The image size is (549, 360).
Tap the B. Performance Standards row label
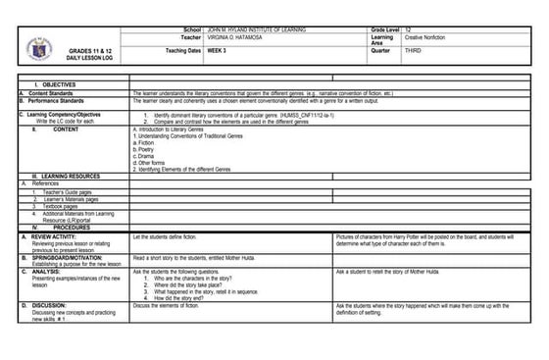pyautogui.click(x=53, y=101)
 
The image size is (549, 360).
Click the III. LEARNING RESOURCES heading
pyautogui.click(x=66, y=176)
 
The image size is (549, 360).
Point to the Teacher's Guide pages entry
pyautogui.click(x=68, y=192)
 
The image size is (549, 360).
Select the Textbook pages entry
pyautogui.click(x=62, y=206)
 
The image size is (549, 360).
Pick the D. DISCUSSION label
pyautogui.click(x=48, y=305)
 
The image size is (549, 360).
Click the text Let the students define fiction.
pyautogui.click(x=166, y=236)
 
